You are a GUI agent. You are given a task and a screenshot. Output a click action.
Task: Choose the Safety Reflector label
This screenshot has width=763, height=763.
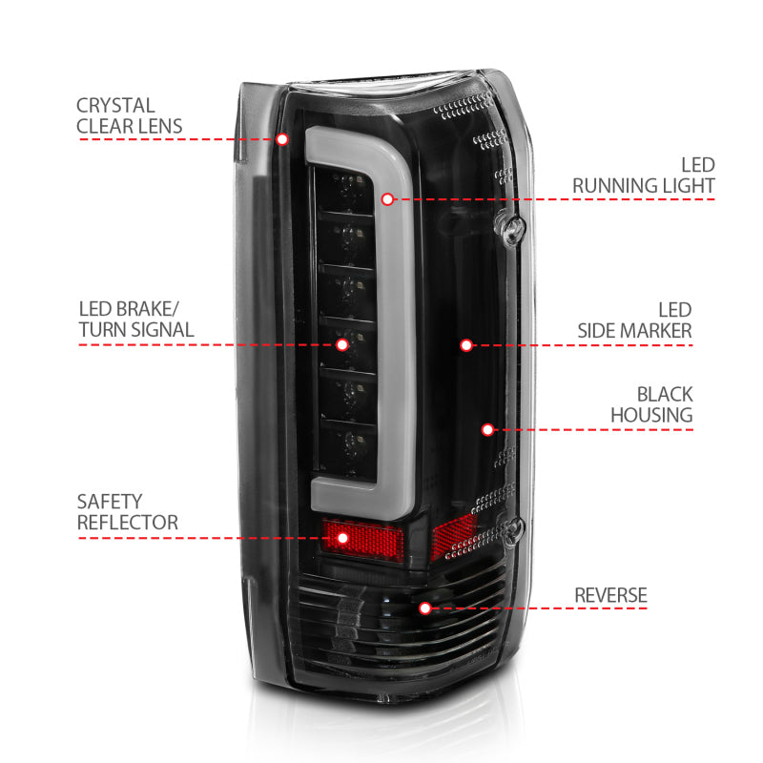pyautogui.click(x=127, y=512)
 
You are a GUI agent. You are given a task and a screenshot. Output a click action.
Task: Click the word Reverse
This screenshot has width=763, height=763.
pyautogui.click(x=610, y=595)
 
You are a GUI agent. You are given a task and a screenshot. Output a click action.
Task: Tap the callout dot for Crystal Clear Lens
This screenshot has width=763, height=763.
pyautogui.click(x=282, y=139)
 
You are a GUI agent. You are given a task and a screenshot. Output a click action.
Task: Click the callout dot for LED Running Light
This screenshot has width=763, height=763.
pyautogui.click(x=387, y=199)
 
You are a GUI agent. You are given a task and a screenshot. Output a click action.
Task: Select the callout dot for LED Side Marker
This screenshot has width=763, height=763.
pyautogui.click(x=466, y=344)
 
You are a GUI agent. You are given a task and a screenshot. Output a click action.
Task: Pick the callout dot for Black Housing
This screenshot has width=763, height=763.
pyautogui.click(x=487, y=430)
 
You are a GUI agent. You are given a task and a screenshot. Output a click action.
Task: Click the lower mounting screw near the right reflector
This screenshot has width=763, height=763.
pyautogui.click(x=518, y=526)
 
